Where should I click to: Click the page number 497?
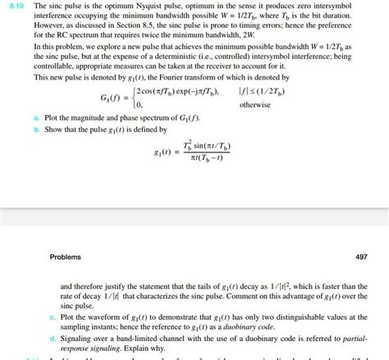click(x=361, y=257)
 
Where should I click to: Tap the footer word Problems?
click(x=65, y=257)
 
